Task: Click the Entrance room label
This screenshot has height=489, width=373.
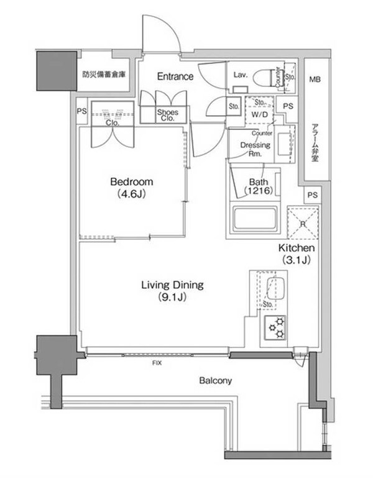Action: (x=175, y=77)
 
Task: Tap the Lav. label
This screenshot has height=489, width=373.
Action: (x=241, y=75)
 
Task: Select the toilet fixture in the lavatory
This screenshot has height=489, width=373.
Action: (x=275, y=76)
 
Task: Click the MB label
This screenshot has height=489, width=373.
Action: (x=315, y=80)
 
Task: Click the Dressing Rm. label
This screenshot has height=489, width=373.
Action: (x=256, y=149)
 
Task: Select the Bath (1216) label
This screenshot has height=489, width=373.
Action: (x=258, y=187)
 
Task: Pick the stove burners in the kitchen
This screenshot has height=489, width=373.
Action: (x=275, y=328)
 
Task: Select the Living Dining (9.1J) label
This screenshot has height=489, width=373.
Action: (x=172, y=291)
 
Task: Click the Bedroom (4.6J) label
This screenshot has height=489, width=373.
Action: (x=131, y=187)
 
